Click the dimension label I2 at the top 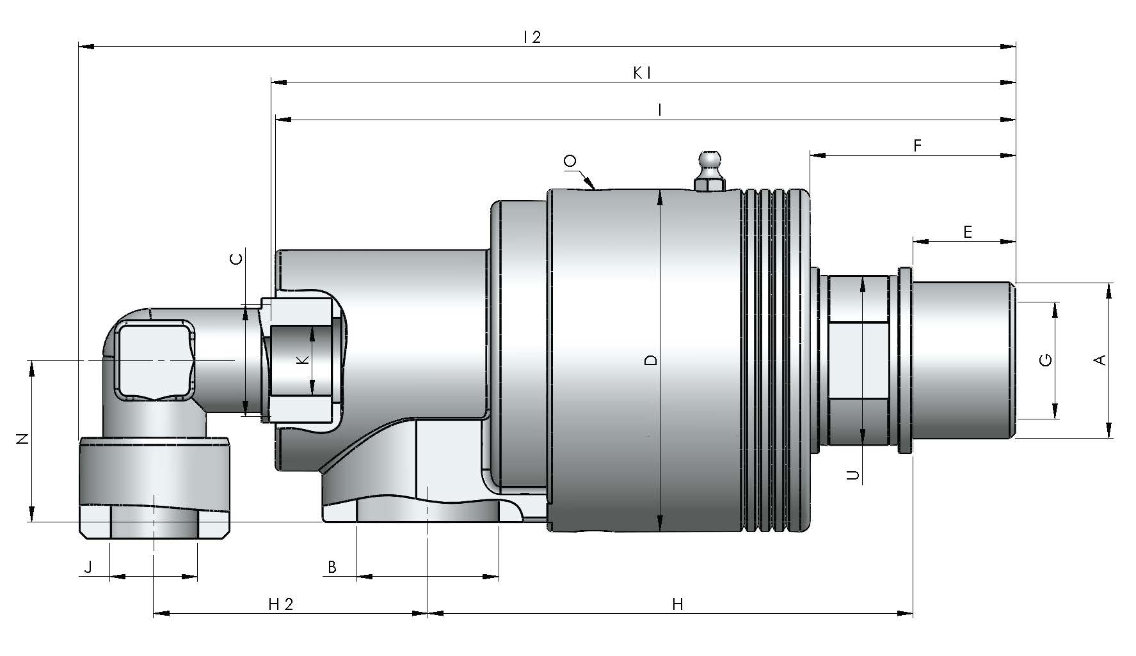point(531,37)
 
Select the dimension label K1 point(642,74)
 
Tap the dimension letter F point(917,146)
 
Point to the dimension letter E point(968,232)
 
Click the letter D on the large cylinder point(651,360)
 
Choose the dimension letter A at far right point(1100,360)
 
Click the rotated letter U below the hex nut point(853,475)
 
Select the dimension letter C point(236,259)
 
